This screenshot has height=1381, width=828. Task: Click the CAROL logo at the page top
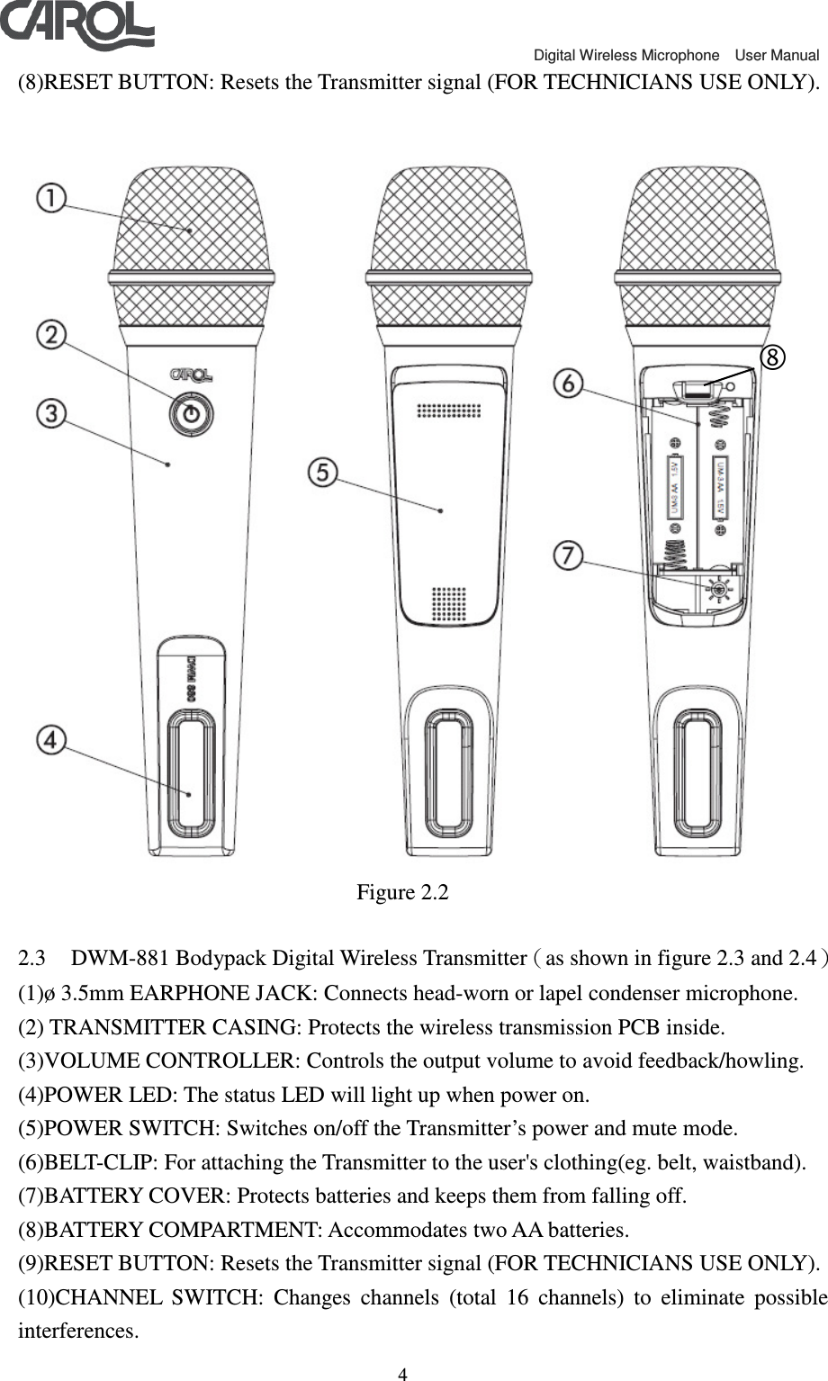pyautogui.click(x=76, y=25)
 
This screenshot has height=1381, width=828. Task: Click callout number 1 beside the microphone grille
pyautogui.click(x=51, y=197)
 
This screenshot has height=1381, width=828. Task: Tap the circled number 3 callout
pyautogui.click(x=51, y=413)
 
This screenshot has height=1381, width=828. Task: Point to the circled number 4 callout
pyautogui.click(x=51, y=740)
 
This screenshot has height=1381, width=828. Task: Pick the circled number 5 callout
pyautogui.click(x=323, y=473)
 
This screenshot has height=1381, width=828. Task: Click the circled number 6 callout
pyautogui.click(x=568, y=384)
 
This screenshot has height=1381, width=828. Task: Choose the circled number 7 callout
pyautogui.click(x=568, y=555)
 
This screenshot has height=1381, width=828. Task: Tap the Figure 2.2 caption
pyautogui.click(x=402, y=893)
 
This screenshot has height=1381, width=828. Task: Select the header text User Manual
pyautogui.click(x=777, y=56)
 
